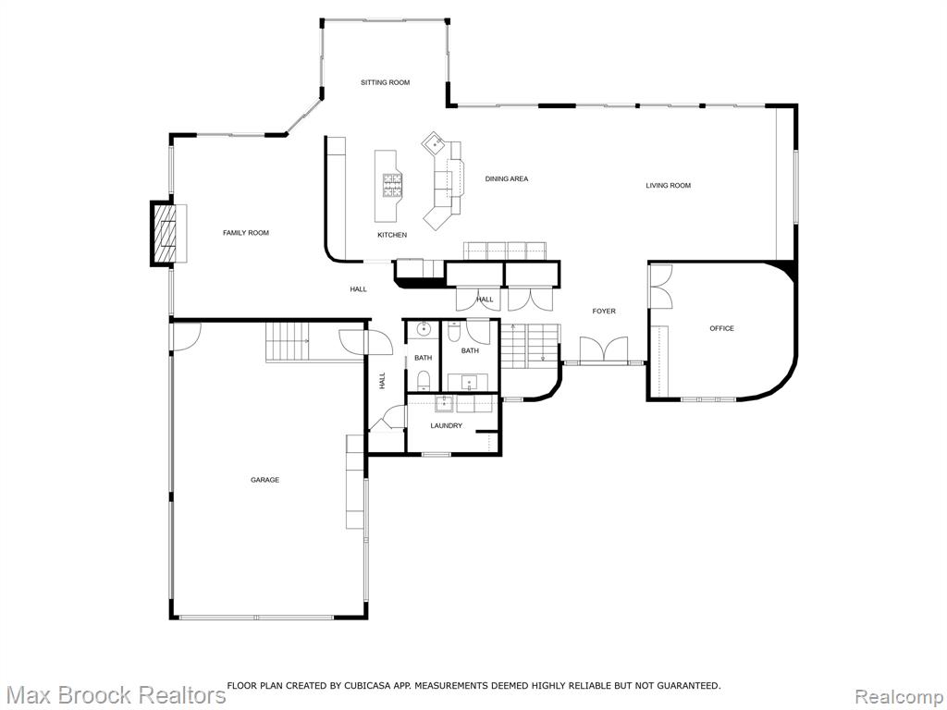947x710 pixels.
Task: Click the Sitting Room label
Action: pyautogui.click(x=386, y=82)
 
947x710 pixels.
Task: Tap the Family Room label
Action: pyautogui.click(x=246, y=232)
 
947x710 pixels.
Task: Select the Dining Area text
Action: pyautogui.click(x=507, y=178)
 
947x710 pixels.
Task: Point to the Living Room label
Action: pyautogui.click(x=668, y=185)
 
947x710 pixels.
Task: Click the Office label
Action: pyautogui.click(x=721, y=328)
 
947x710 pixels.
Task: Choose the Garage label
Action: pyautogui.click(x=265, y=480)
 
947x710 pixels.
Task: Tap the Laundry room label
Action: pyautogui.click(x=447, y=425)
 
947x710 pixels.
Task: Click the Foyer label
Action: pyautogui.click(x=604, y=311)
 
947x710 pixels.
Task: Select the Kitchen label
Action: pyautogui.click(x=392, y=235)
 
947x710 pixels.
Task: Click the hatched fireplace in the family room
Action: pyautogui.click(x=164, y=234)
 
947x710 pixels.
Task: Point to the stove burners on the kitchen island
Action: pyautogui.click(x=391, y=185)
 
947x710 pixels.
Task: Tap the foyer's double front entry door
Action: pyautogui.click(x=604, y=350)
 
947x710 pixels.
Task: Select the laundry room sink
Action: pyautogui.click(x=444, y=404)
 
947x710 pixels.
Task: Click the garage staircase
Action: pyautogui.click(x=288, y=342)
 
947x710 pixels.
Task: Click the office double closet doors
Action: pyautogui.click(x=660, y=288)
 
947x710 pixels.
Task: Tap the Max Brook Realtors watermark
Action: pyautogui.click(x=114, y=694)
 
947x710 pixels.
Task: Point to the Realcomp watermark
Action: pyautogui.click(x=899, y=695)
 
